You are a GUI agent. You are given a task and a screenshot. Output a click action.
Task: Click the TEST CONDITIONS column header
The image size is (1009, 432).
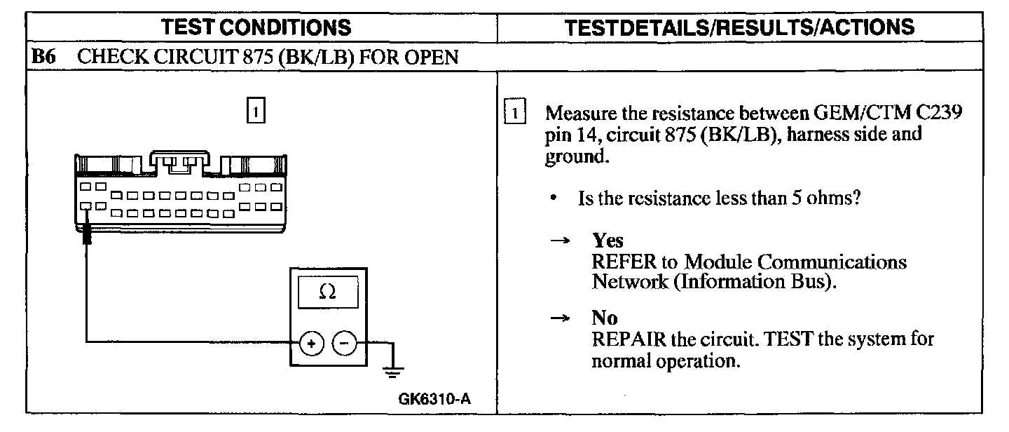pyautogui.click(x=256, y=27)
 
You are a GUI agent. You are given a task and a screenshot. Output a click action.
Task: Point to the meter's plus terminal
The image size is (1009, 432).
pyautogui.click(x=310, y=343)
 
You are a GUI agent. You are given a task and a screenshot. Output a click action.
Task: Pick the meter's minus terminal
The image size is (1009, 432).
pyautogui.click(x=343, y=343)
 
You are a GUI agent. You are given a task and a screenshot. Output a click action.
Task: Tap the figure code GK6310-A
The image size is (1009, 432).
pyautogui.click(x=434, y=400)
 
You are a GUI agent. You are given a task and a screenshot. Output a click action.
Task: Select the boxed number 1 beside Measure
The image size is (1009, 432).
pyautogui.click(x=514, y=113)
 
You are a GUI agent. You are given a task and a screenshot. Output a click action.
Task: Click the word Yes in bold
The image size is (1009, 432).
pyautogui.click(x=608, y=241)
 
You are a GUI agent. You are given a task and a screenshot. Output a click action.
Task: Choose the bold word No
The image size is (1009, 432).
pyautogui.click(x=605, y=319)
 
